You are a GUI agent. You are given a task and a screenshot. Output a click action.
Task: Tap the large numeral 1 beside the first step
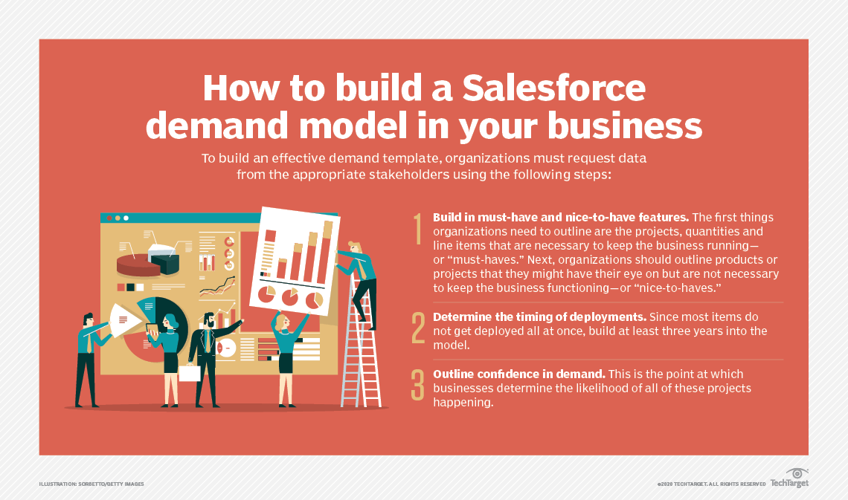click(418, 230)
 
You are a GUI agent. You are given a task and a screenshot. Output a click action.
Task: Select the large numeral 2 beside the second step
click(418, 328)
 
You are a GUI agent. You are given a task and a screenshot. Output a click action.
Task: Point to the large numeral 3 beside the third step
click(418, 384)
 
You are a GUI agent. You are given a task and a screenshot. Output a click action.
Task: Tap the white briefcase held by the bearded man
click(190, 374)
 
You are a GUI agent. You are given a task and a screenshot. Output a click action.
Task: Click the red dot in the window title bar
click(109, 218)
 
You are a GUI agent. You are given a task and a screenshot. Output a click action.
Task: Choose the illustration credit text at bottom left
click(91, 484)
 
